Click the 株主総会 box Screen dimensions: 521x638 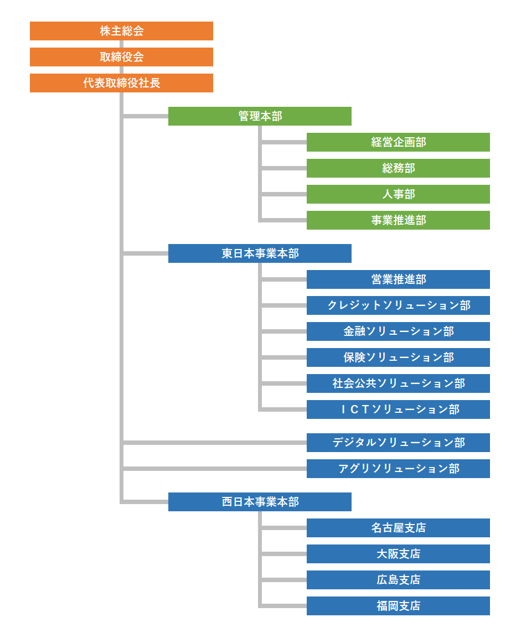pyautogui.click(x=121, y=31)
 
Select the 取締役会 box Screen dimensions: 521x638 pyautogui.click(x=121, y=57)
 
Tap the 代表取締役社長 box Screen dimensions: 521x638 pyautogui.click(x=121, y=83)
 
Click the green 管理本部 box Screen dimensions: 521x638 pyautogui.click(x=260, y=116)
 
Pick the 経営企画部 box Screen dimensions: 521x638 pyautogui.click(x=398, y=142)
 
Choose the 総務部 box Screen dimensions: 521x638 pyautogui.click(x=398, y=168)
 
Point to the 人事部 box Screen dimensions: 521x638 pyautogui.click(x=398, y=194)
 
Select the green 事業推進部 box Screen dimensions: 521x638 pyautogui.click(x=398, y=220)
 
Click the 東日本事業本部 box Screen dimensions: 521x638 pyautogui.click(x=260, y=253)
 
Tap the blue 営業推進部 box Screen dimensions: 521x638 pyautogui.click(x=398, y=279)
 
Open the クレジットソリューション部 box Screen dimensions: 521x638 pyautogui.click(x=398, y=305)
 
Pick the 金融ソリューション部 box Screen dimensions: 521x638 pyautogui.click(x=398, y=331)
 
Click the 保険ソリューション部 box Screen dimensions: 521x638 pyautogui.click(x=398, y=357)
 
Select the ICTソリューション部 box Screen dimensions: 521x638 pyautogui.click(x=398, y=409)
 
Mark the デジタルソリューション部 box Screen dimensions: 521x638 pyautogui.click(x=398, y=443)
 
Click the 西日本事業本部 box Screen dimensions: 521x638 pyautogui.click(x=260, y=502)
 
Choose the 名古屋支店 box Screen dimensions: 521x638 pyautogui.click(x=398, y=528)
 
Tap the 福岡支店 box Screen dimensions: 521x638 pyautogui.click(x=398, y=606)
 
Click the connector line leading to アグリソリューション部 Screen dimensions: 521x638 pyautogui.click(x=215, y=469)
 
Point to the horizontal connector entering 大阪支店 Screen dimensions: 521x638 pyautogui.click(x=284, y=554)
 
